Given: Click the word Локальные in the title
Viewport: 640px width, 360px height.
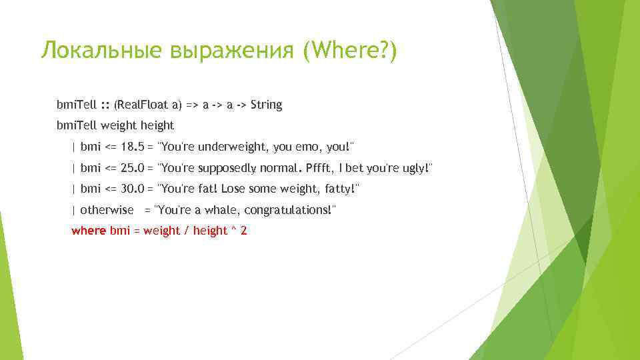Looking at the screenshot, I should tap(99, 51).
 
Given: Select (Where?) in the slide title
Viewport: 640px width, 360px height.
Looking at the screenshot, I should tap(349, 51).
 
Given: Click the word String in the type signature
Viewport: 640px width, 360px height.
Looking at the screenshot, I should tap(267, 105).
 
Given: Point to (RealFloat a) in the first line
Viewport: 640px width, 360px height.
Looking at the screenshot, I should tap(147, 105).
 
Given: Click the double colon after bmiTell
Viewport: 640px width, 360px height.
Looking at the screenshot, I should tap(105, 105).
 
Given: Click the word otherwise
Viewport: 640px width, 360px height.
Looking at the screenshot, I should tap(107, 210).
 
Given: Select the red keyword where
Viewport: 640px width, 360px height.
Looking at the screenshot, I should tap(89, 231).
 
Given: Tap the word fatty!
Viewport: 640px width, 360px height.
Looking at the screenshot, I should tap(340, 189).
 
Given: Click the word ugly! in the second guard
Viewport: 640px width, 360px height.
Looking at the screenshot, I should tap(415, 168).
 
